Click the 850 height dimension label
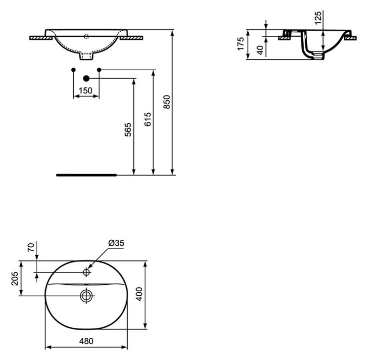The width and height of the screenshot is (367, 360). pyautogui.click(x=167, y=101)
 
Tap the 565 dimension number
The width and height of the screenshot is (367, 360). pyautogui.click(x=128, y=130)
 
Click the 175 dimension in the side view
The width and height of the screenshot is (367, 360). pyautogui.click(x=241, y=44)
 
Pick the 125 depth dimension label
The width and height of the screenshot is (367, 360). pyautogui.click(x=318, y=18)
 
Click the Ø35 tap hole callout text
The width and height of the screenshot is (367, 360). pyautogui.click(x=116, y=243)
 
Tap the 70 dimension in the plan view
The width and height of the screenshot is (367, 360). pyautogui.click(x=31, y=247)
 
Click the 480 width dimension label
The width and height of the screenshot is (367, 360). pyautogui.click(x=87, y=341)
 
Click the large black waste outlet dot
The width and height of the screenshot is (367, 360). pyautogui.click(x=87, y=78)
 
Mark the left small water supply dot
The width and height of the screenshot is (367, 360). pyautogui.click(x=73, y=69)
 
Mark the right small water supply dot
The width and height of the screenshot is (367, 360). pyautogui.click(x=99, y=69)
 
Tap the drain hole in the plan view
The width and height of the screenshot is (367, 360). pyautogui.click(x=87, y=296)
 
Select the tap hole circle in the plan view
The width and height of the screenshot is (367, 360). pyautogui.click(x=87, y=272)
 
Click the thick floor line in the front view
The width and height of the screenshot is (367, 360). pyautogui.click(x=87, y=175)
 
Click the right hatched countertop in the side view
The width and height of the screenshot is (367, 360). pyautogui.click(x=350, y=38)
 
